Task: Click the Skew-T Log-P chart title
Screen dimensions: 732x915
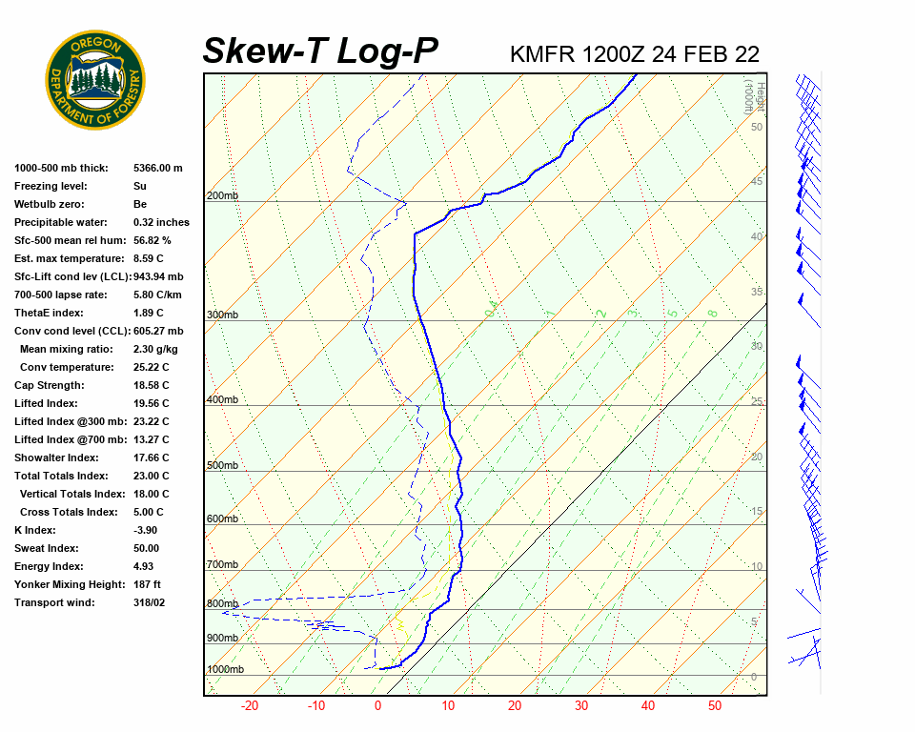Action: (320, 51)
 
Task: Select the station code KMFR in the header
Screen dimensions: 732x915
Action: (542, 54)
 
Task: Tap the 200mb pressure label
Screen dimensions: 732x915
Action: (222, 196)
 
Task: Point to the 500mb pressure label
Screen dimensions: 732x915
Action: (222, 466)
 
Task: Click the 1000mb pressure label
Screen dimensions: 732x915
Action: (226, 670)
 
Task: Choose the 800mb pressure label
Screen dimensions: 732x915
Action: (222, 604)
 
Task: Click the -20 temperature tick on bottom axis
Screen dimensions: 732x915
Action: (250, 706)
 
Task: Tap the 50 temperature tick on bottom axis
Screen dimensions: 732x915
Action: (714, 706)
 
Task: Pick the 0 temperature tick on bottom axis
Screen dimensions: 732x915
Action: (377, 706)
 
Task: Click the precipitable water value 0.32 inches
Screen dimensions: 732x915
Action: (161, 222)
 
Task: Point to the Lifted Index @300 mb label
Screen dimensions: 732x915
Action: (65, 421)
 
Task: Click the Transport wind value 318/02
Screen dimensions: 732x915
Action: (150, 602)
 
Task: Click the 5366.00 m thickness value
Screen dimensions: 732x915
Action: (158, 168)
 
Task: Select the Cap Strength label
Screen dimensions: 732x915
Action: (50, 385)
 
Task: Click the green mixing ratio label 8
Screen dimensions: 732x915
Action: (712, 313)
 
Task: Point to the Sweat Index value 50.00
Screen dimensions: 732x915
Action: (147, 548)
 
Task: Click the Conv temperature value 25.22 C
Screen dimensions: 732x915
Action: (151, 367)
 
